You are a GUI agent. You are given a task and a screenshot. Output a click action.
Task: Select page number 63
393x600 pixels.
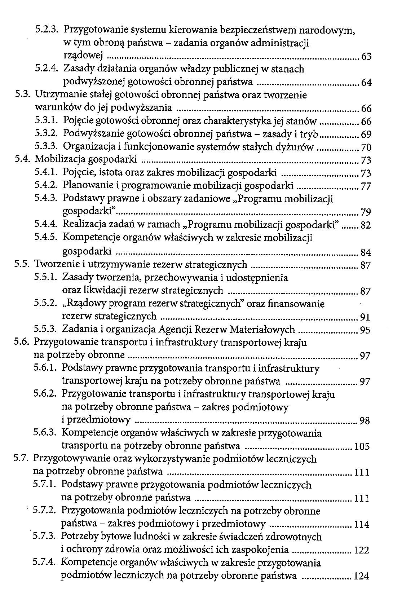click(366, 57)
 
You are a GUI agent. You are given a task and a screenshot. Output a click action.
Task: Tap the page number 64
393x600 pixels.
click(366, 83)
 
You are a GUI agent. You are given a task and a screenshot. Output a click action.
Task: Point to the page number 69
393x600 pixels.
click(366, 135)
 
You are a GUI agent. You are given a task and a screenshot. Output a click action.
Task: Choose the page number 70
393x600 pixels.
click(366, 148)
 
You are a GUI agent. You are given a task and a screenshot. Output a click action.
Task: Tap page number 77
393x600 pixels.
click(366, 187)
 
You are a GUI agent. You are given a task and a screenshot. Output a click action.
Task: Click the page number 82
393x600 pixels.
click(366, 226)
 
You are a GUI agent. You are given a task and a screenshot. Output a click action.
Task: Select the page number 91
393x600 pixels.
click(365, 318)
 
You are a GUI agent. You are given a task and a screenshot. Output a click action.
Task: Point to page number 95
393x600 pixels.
click(365, 330)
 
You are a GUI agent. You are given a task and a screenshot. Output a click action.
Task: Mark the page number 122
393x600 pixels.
click(362, 551)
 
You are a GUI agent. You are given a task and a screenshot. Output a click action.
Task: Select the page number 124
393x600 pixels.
click(362, 577)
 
